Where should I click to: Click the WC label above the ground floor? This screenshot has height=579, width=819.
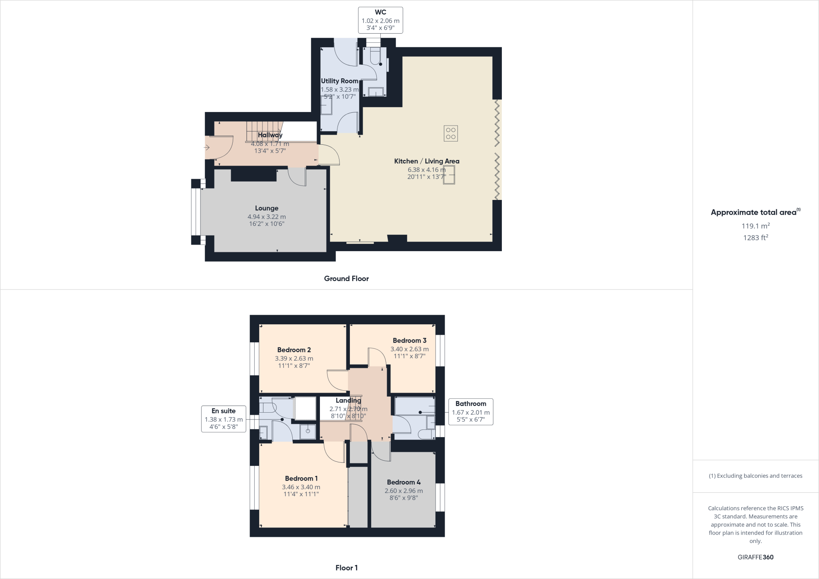tap(380, 12)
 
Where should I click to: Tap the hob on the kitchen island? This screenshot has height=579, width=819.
tap(451, 134)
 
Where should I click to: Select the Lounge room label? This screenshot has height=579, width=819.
tap(267, 208)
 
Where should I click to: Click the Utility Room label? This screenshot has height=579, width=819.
tap(340, 81)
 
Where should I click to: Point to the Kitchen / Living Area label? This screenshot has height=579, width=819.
tap(427, 161)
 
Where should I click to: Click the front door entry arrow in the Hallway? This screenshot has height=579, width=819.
tap(207, 148)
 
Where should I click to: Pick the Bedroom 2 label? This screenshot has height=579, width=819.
tap(294, 350)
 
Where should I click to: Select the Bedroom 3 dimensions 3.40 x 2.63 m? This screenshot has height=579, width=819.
tap(409, 349)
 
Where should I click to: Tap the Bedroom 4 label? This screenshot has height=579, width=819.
tap(404, 482)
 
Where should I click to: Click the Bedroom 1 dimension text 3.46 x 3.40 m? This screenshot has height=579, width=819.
tap(301, 487)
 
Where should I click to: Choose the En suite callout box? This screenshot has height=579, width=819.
tap(224, 419)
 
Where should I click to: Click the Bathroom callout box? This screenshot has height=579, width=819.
tap(471, 411)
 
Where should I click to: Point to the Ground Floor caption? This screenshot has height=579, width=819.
tap(346, 279)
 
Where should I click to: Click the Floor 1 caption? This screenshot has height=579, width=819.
tap(346, 568)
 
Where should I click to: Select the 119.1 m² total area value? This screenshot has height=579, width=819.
tap(756, 226)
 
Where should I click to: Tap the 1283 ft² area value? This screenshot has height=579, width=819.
tap(756, 238)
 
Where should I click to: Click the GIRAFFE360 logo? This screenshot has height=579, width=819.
tap(755, 557)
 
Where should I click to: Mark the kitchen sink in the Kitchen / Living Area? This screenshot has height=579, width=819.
tap(449, 175)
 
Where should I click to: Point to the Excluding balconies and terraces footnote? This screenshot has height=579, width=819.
tap(755, 476)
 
